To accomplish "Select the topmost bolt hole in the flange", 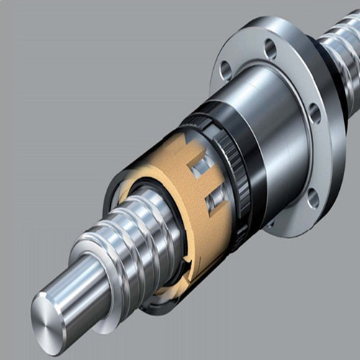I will (x=271, y=49).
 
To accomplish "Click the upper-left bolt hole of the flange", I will (x=226, y=70).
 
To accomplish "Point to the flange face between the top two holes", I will (x=248, y=54).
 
